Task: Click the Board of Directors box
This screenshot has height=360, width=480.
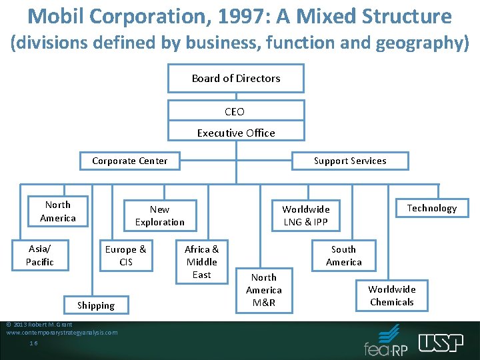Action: coord(235,78)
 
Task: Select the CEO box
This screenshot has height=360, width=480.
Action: coord(235,111)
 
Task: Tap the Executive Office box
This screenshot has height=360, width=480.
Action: coord(235,133)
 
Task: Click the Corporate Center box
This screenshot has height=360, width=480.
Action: coord(130,161)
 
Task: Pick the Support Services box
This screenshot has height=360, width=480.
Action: coord(349,161)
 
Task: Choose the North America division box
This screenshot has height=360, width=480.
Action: coord(58,211)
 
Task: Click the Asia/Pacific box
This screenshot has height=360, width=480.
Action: coord(40,255)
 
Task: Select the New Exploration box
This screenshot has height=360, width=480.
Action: coord(160,215)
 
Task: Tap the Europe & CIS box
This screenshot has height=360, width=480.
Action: coord(126,255)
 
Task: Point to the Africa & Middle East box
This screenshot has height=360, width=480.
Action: coord(202,261)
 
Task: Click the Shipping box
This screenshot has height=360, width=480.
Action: coord(96,305)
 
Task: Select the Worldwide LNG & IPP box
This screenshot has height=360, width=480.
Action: coord(306,215)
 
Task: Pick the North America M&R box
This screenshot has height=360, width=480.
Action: coord(264,290)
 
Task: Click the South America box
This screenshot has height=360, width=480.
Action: coord(344,255)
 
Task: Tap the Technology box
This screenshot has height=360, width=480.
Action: coord(431,208)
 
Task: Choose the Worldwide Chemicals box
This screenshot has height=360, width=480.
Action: coord(392,295)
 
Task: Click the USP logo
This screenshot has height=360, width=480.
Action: coord(441,342)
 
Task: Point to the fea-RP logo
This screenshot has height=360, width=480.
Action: coord(386,341)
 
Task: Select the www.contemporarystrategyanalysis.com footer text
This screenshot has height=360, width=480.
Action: coord(61,332)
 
